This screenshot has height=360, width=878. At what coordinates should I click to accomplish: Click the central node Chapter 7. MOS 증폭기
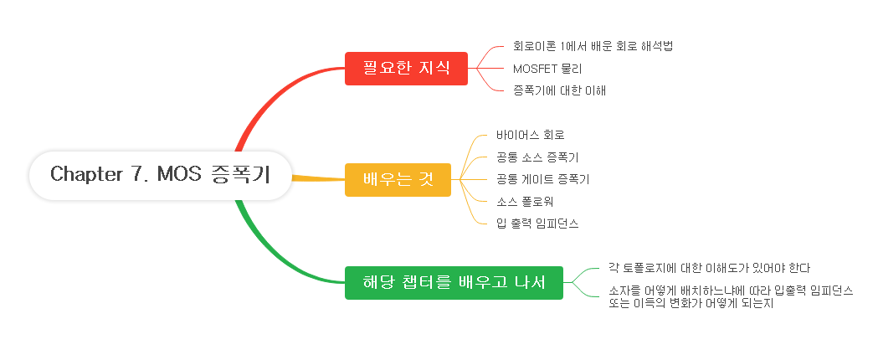tap(161, 175)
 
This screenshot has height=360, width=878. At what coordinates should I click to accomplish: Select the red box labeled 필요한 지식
tap(406, 68)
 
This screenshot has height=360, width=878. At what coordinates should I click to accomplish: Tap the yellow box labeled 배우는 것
tap(398, 179)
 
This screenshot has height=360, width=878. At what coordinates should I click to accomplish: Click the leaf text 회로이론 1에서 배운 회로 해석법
tap(593, 46)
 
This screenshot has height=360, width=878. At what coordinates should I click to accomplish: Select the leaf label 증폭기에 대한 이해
tap(559, 90)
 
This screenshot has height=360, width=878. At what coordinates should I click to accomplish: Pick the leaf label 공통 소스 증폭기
tap(537, 157)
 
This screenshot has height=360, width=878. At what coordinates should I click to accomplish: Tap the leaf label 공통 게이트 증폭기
tap(542, 179)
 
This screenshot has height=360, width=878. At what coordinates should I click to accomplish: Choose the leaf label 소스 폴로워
tap(525, 201)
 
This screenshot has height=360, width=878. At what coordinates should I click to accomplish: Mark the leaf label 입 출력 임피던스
tap(537, 224)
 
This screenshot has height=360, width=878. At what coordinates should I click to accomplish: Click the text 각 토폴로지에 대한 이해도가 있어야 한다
tap(711, 268)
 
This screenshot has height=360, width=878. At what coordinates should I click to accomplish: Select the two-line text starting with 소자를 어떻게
tap(731, 296)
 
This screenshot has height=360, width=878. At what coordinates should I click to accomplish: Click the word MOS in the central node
tap(176, 174)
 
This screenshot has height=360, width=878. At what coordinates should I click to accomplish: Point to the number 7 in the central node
tap(137, 174)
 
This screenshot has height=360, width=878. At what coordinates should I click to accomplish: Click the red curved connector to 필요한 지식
tap(268, 96)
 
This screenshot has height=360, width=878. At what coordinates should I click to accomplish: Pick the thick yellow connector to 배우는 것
tap(318, 177)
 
